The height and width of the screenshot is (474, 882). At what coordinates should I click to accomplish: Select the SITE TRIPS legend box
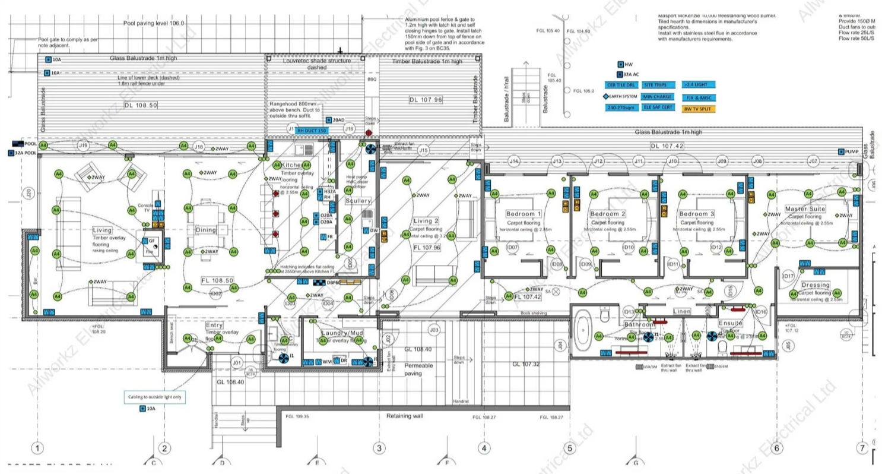coord(656,85)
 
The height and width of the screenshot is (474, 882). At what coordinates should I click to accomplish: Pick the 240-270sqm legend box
coord(620,108)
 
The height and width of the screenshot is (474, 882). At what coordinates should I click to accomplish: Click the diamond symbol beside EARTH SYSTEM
coord(606,97)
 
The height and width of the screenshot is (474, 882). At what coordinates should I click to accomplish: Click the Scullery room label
coord(358,201)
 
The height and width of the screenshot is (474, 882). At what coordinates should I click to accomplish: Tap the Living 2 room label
coord(426,221)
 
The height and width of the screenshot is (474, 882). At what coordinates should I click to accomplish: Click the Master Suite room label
coord(805,209)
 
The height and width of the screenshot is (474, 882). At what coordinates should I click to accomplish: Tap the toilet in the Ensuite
coord(722,346)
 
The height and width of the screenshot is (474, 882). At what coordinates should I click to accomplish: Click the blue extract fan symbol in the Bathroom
coord(649,337)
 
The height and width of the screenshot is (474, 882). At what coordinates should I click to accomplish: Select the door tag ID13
coord(629,312)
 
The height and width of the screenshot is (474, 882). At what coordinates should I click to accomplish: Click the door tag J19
coord(83,146)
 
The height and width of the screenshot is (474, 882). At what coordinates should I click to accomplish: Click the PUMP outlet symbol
coord(842,151)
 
